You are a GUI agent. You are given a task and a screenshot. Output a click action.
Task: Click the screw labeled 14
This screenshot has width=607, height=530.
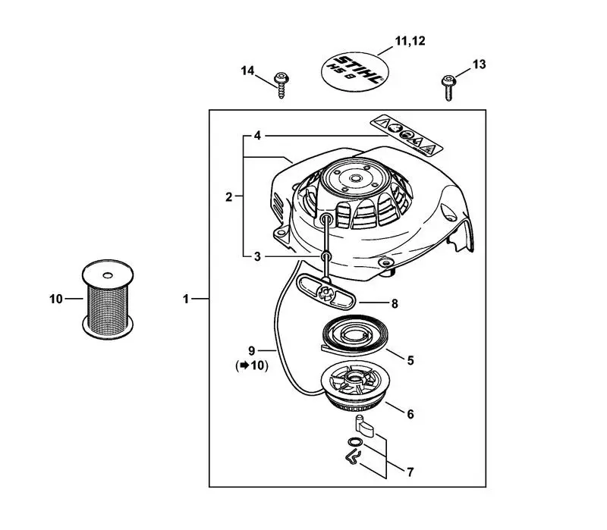click(x=281, y=84)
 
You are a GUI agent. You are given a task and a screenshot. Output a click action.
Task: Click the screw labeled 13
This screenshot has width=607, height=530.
click(x=448, y=87)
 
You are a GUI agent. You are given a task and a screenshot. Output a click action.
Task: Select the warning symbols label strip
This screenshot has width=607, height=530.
click(x=406, y=135)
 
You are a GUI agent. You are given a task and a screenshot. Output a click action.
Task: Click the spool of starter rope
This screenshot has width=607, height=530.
click(x=108, y=299)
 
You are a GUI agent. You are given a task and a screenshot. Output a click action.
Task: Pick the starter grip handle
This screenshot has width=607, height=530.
click(x=326, y=292)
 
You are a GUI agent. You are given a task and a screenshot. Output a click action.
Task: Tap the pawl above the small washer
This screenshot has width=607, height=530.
click(x=364, y=426)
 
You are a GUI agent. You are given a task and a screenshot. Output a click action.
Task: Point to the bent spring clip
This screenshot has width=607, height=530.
click(x=353, y=457)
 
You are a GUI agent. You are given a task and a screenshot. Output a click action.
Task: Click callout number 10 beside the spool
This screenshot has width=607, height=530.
click(x=56, y=299)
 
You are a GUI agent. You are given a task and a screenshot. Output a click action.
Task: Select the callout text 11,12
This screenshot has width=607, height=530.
click(x=410, y=41)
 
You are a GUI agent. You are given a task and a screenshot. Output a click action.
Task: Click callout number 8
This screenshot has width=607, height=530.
click(x=395, y=304)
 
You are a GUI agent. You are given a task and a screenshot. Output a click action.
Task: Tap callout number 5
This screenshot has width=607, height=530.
click(x=410, y=361)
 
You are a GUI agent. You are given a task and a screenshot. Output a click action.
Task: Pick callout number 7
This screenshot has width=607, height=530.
click(x=410, y=472)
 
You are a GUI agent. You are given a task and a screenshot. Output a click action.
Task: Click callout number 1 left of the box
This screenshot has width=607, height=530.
click(x=186, y=299)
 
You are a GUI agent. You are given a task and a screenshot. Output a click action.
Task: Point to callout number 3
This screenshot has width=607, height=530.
click(x=257, y=256)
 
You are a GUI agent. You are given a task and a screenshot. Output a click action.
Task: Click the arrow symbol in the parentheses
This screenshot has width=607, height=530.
click(x=244, y=365)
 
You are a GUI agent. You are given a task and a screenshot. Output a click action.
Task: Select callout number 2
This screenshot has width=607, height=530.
click(x=229, y=197)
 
